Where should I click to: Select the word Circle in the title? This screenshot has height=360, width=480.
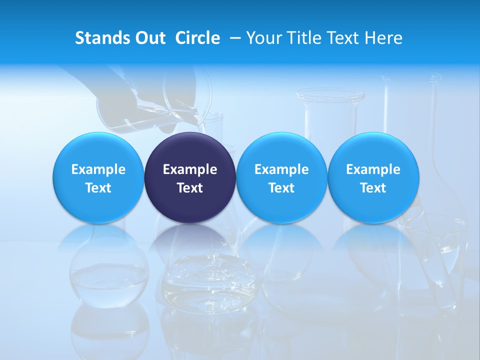(197, 38)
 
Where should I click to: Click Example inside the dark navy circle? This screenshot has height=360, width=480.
(190, 169)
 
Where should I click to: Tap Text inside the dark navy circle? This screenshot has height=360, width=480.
(190, 188)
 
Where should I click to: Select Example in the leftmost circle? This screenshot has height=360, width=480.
(98, 169)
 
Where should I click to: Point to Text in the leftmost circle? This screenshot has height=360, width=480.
(98, 188)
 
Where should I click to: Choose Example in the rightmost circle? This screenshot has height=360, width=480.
(373, 169)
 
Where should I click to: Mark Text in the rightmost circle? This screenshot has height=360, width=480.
(373, 188)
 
